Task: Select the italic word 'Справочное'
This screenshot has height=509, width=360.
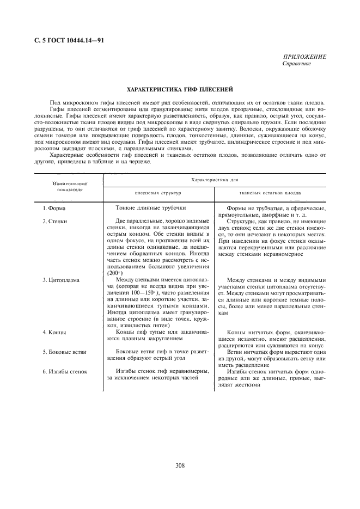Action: pyautogui.click(x=297, y=64)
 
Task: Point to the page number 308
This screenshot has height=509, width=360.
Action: pyautogui.click(x=180, y=465)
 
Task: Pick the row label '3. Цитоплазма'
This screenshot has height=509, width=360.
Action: pyautogui.click(x=61, y=280)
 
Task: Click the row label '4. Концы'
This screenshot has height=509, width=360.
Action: pyautogui.click(x=54, y=332)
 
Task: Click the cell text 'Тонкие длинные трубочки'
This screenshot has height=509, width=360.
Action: pyautogui.click(x=151, y=208)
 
